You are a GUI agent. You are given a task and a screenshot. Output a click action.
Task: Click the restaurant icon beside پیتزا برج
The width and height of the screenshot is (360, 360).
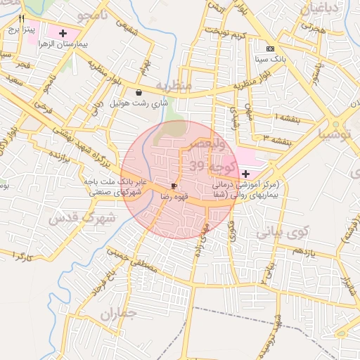tap(22, 19)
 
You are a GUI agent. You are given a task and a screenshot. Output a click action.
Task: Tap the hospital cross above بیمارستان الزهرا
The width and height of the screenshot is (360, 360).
tap(64, 33)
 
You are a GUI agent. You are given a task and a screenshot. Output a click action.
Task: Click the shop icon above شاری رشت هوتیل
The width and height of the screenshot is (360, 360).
tap(139, 92)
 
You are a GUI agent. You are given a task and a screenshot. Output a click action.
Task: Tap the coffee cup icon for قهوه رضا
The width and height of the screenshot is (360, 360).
tap(174, 186)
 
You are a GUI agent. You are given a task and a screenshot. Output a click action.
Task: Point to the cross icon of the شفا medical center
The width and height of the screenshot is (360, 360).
tap(245, 174)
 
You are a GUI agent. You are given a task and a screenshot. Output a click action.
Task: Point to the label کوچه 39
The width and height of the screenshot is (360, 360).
tap(207, 166)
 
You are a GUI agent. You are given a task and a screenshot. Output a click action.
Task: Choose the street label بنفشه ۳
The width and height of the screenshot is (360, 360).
tap(278, 138)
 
